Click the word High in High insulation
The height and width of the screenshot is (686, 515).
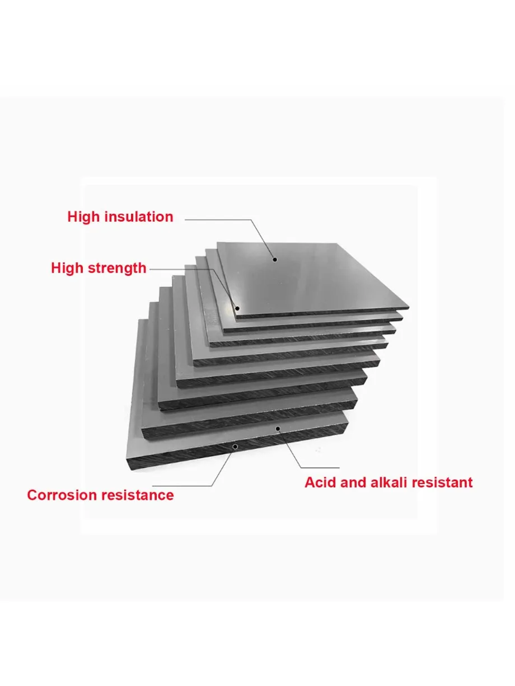84,217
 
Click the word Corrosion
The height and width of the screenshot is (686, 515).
59,495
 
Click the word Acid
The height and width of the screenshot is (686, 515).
320,482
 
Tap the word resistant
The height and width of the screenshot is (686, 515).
444,482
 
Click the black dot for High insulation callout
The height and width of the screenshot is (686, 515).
274,259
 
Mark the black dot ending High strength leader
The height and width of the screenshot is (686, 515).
237,308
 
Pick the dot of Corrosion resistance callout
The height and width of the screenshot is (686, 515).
235,447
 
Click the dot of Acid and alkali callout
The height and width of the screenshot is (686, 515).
278,429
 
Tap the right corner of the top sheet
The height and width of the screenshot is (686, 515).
408,308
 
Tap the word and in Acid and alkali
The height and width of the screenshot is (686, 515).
353,482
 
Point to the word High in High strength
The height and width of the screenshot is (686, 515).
67,268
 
